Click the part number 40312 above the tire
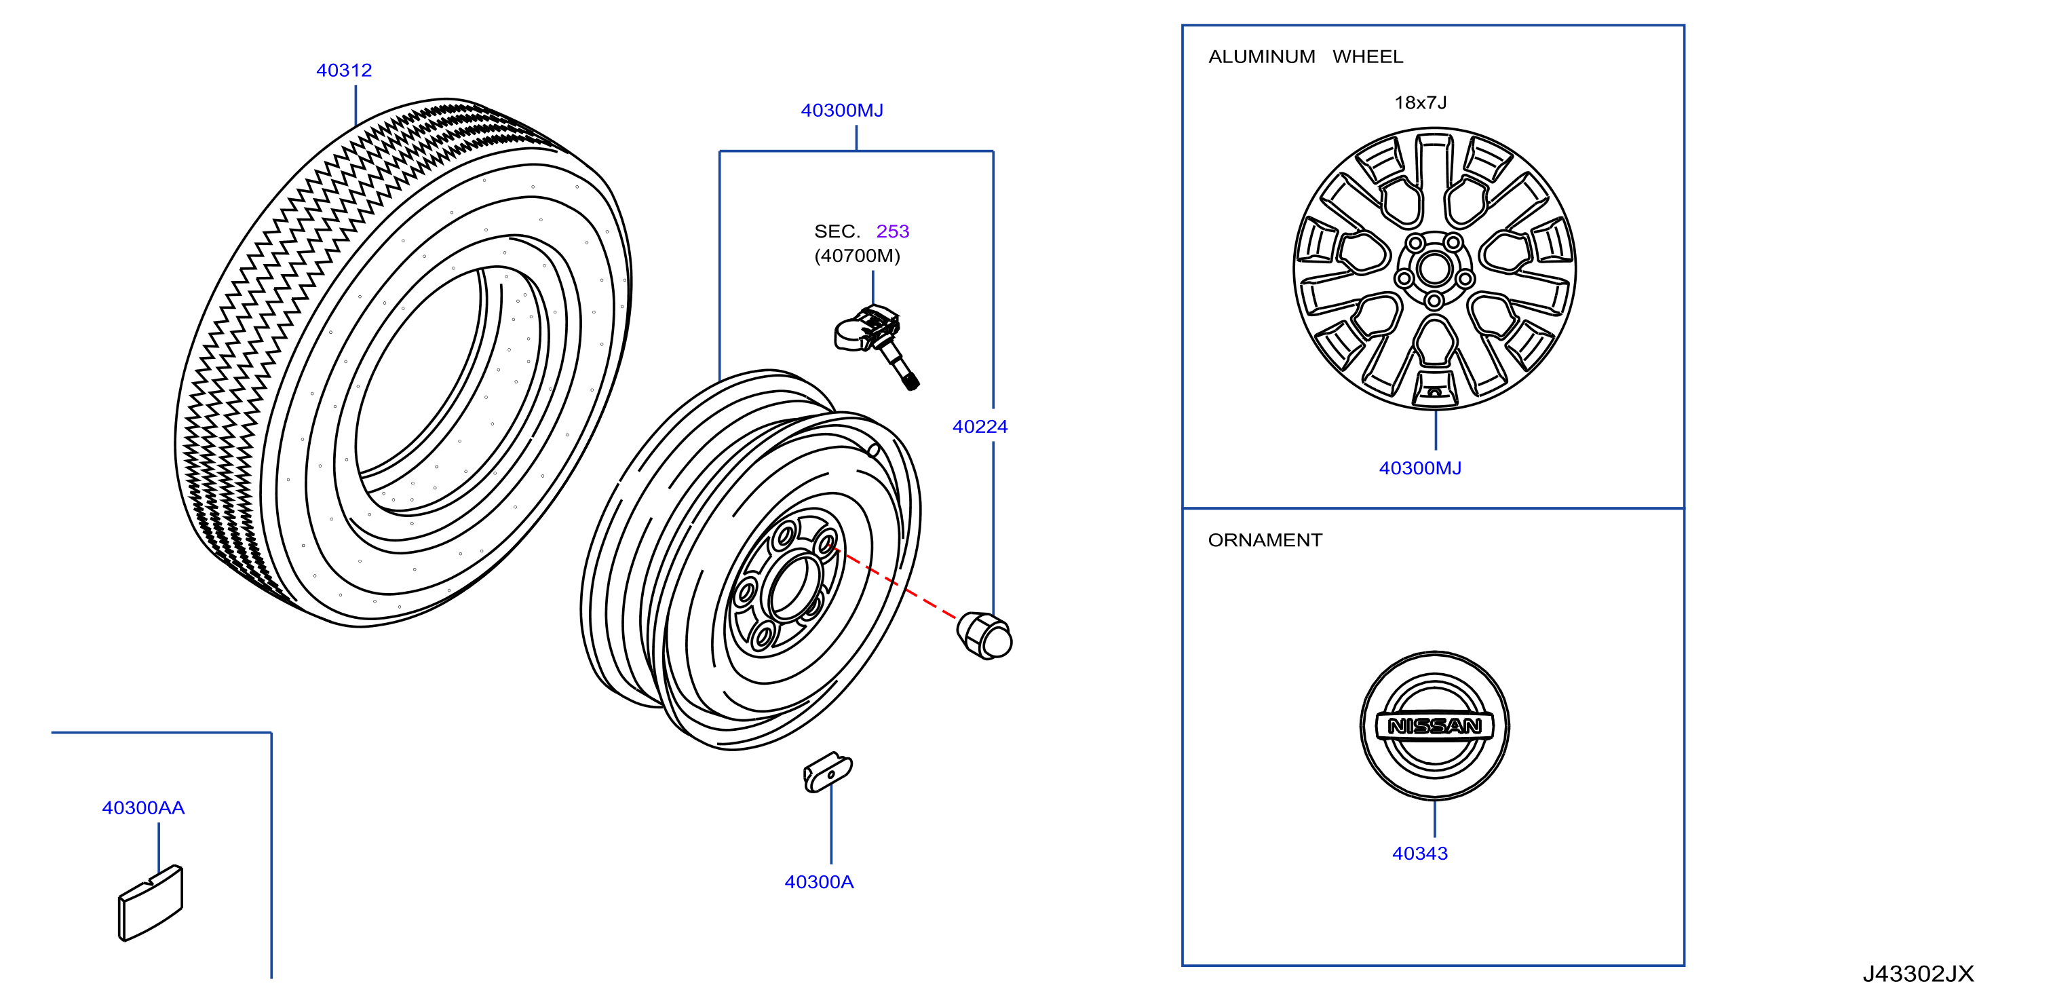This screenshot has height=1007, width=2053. pyautogui.click(x=344, y=70)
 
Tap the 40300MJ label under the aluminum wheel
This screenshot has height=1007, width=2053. pyautogui.click(x=1420, y=468)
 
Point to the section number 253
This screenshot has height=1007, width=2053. pyautogui.click(x=893, y=231)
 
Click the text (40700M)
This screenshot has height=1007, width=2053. pyautogui.click(x=858, y=256)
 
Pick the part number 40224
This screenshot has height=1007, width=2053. pyautogui.click(x=980, y=427)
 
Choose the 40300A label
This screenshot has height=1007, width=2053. pyautogui.click(x=820, y=882)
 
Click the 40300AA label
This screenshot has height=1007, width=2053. pyautogui.click(x=143, y=807)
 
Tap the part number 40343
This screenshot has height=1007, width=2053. pyautogui.click(x=1420, y=853)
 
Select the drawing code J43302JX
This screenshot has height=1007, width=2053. pyautogui.click(x=1918, y=974)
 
